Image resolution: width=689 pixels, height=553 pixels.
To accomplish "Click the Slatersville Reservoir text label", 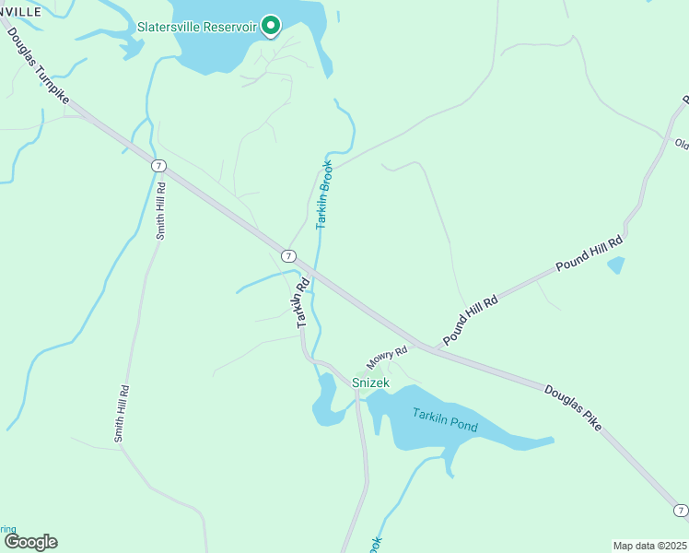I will [x=196, y=26].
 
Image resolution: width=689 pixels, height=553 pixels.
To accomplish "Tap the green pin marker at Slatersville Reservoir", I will [x=271, y=25].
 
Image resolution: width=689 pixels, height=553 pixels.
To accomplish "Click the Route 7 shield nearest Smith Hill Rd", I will [x=159, y=166].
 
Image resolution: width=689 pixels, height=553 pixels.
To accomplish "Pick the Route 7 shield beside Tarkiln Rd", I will [x=289, y=255].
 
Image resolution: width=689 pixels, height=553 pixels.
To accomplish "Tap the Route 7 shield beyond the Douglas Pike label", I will [x=680, y=510].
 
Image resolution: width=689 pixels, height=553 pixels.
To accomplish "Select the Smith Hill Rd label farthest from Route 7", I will [x=121, y=414].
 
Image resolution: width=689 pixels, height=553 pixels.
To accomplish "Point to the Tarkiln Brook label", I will [x=324, y=195].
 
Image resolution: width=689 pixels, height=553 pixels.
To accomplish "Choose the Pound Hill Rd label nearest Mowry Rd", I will [x=470, y=321].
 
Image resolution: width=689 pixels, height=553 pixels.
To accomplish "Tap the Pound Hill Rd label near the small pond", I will [x=590, y=253].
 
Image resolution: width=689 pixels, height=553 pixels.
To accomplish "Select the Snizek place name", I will [x=371, y=382].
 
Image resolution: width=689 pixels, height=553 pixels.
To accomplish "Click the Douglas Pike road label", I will [x=573, y=407].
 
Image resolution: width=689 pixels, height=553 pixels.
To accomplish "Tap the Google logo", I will [x=29, y=542].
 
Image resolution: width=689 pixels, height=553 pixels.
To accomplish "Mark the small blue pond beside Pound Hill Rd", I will [x=615, y=265].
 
